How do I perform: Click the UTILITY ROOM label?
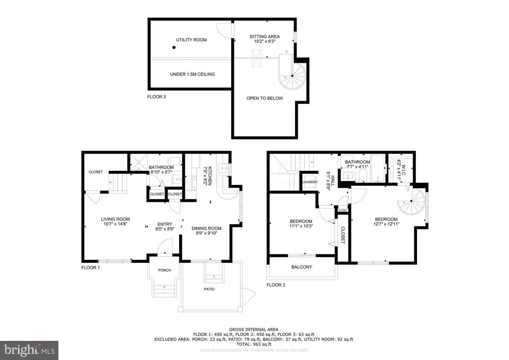click(191, 40)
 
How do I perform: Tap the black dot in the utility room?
click(174, 47)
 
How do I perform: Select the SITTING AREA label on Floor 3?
click(264, 36)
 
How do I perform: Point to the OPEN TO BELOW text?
click(264, 98)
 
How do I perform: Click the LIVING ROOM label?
click(115, 219)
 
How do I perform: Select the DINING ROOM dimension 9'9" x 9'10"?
click(206, 233)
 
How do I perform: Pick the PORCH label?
click(164, 270)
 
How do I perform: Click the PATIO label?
click(209, 289)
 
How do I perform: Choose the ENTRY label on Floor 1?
click(165, 224)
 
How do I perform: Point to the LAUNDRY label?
click(310, 182)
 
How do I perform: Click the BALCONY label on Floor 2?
click(302, 267)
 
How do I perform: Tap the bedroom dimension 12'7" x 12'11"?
click(386, 224)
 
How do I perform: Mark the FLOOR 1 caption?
click(90, 268)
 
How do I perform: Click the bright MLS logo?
click(29, 350)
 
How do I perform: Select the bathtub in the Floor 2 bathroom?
click(379, 168)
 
